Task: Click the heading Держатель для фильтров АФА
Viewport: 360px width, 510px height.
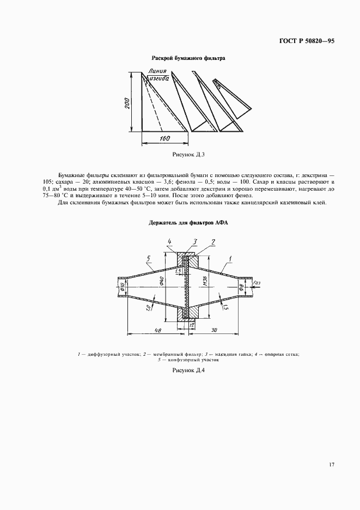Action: pos(180,222)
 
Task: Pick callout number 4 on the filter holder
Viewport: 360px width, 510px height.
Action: pos(170,241)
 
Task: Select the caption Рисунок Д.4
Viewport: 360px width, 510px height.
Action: pos(187,371)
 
